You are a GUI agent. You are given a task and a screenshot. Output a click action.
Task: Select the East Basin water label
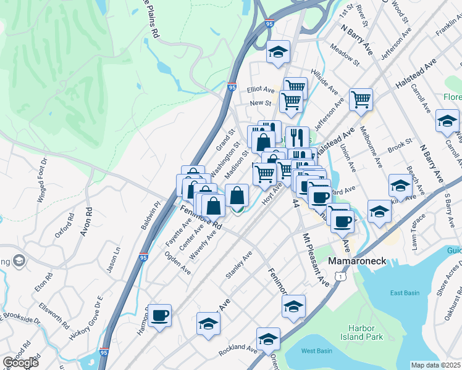405,293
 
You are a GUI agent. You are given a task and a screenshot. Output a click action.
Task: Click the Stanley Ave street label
238,265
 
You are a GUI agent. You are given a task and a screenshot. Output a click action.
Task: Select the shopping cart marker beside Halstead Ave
361,99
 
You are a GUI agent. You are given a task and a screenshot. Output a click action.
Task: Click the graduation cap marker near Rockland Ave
268,339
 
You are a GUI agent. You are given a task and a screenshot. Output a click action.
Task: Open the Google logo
20,363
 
